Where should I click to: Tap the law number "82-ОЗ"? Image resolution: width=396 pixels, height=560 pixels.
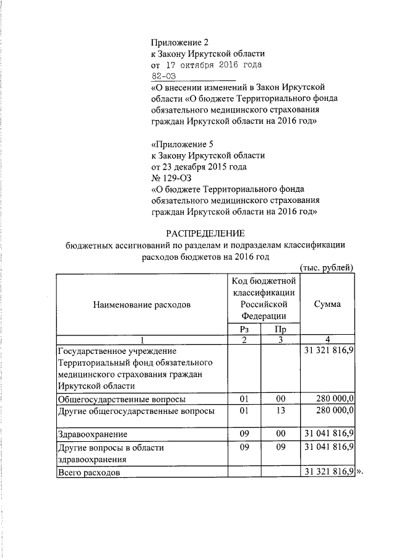tap(165, 76)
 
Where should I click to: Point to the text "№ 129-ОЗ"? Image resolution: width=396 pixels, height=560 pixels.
tap(168, 178)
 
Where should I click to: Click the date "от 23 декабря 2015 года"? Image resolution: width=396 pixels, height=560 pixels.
tap(199, 166)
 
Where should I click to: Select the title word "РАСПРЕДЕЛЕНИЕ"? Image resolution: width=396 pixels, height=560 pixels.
tap(205, 233)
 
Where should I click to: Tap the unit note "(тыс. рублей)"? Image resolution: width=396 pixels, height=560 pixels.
tap(327, 267)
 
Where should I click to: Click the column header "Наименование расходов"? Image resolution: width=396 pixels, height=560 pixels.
tap(142, 304)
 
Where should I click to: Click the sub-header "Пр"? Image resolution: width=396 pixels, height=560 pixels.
tap(280, 329)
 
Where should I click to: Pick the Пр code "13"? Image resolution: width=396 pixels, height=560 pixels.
tap(280, 410)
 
